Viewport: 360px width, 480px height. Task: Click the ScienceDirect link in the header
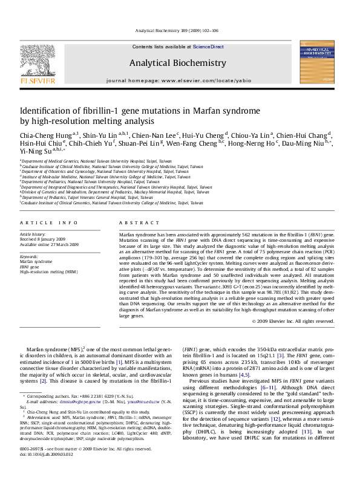[208, 47]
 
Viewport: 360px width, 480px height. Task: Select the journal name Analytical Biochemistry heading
[177, 63]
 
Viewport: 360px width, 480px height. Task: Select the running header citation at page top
[176, 30]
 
